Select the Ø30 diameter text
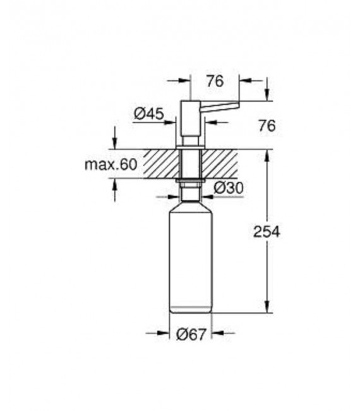coord(227,188)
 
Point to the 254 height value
coord(266,231)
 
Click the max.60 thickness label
coord(110,165)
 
